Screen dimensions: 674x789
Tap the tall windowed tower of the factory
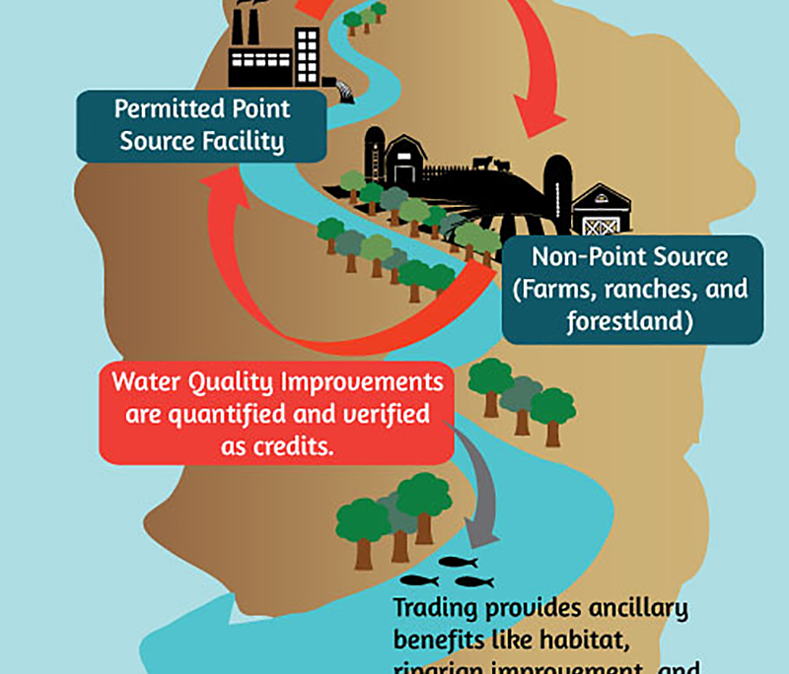tap(307, 54)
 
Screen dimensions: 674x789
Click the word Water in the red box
tap(147, 382)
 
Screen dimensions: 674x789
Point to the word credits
tap(291, 444)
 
